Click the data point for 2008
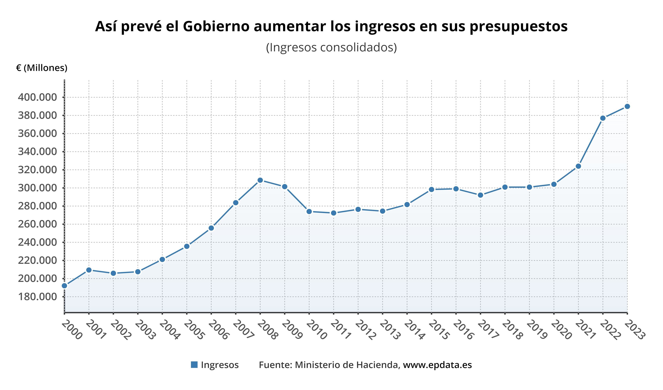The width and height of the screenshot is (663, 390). point(260,180)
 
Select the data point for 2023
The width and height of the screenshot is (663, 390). point(627,107)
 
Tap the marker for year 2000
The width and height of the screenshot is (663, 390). point(64,286)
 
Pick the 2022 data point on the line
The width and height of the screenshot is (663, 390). point(603,118)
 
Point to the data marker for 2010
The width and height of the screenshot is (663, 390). point(309,211)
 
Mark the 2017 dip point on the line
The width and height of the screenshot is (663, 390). point(480,195)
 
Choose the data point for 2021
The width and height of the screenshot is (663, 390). point(578,166)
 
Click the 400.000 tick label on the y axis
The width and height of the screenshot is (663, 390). point(37,97)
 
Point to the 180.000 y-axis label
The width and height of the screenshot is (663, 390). point(37,297)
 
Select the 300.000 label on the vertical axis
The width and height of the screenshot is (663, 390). point(37,188)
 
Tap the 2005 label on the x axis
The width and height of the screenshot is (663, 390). point(194,330)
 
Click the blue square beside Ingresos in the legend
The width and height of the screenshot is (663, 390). point(194,365)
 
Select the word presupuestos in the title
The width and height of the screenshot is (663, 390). point(518,27)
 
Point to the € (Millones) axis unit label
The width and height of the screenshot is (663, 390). point(42,68)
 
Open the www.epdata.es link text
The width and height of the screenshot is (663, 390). point(437,365)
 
